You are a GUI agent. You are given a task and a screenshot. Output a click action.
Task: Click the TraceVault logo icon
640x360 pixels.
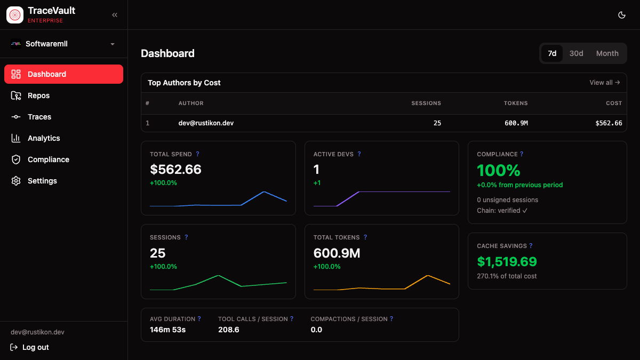[15, 15]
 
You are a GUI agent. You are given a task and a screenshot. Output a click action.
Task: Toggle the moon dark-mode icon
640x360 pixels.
[621, 15]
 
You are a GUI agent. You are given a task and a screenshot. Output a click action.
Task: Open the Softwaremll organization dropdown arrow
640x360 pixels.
[113, 44]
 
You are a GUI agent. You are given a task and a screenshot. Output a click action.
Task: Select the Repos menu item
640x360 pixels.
[38, 95]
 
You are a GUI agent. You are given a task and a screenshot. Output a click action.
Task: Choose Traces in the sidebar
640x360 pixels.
[39, 117]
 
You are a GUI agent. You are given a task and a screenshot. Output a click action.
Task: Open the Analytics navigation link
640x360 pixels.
[44, 138]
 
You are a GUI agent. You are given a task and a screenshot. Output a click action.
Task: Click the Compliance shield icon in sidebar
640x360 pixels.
[16, 159]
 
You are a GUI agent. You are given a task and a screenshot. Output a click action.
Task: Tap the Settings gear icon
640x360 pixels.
[16, 181]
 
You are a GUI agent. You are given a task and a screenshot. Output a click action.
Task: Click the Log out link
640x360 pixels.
[35, 347]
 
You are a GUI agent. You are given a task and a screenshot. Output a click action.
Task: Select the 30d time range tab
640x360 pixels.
[576, 53]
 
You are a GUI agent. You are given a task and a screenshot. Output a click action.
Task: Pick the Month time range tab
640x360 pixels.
[607, 53]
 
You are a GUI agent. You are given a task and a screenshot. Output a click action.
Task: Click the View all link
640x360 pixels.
[604, 83]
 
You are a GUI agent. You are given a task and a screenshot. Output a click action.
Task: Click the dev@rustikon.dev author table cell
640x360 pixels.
[206, 123]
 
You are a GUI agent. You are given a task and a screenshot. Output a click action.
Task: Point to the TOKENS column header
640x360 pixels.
[515, 103]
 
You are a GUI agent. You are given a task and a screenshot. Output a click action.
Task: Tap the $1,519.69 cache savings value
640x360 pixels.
[507, 261]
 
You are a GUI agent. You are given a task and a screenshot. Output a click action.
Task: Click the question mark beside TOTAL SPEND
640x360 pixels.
[198, 154]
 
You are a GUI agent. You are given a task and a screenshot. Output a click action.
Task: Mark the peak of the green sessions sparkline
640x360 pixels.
[218, 275]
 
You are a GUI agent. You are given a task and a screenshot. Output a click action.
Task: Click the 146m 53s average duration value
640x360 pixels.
[167, 330]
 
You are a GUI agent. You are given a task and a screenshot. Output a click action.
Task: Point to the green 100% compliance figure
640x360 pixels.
[498, 170]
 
